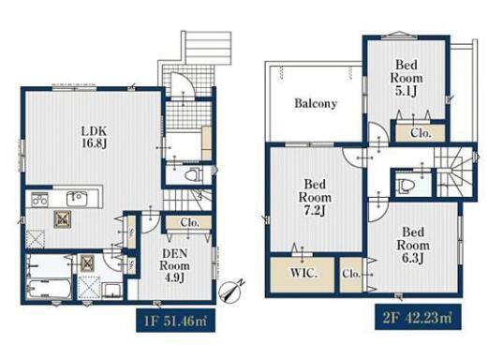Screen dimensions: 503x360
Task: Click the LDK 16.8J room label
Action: pyautogui.click(x=94, y=137)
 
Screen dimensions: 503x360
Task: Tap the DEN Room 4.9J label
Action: pyautogui.click(x=174, y=265)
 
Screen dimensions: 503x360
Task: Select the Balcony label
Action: pyautogui.click(x=316, y=103)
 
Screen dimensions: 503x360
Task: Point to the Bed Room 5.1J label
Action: pyautogui.click(x=407, y=78)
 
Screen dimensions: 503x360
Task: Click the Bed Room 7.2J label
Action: pyautogui.click(x=315, y=197)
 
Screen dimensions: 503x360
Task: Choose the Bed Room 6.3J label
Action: pyautogui.click(x=413, y=245)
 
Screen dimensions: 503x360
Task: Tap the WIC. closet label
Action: pyautogui.click(x=303, y=274)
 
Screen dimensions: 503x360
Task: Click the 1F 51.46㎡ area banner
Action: pyautogui.click(x=175, y=321)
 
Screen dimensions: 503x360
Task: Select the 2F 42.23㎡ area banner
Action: pyautogui.click(x=418, y=317)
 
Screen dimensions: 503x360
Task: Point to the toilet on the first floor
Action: pyautogui.click(x=193, y=174)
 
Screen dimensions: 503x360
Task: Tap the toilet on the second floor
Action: pyautogui.click(x=406, y=186)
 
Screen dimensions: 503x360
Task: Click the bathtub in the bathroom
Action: pyautogui.click(x=49, y=289)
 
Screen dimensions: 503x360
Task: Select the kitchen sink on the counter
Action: pyautogui.click(x=77, y=199)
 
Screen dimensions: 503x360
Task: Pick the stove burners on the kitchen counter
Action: pyautogui.click(x=39, y=200)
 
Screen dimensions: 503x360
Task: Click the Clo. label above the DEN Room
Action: pyautogui.click(x=189, y=222)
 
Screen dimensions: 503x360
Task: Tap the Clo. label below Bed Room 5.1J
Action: pyautogui.click(x=421, y=133)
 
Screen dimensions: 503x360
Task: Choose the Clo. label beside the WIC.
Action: pyautogui.click(x=351, y=274)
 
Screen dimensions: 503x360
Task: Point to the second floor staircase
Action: pyautogui.click(x=453, y=173)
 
